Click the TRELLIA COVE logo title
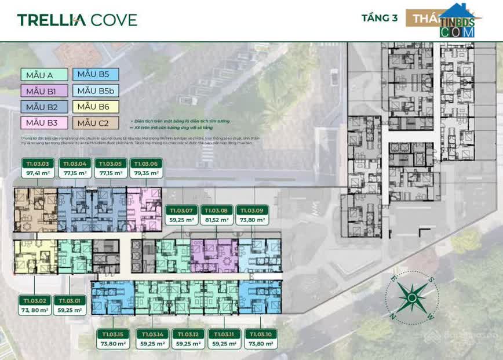tap(77, 20)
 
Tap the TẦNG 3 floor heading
tap(379, 18)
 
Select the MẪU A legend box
tap(45, 74)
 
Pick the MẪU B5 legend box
tap(96, 74)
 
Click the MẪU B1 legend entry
tap(45, 90)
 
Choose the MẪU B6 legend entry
tap(96, 107)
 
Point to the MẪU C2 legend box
tap(96, 122)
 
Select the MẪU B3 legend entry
tap(45, 122)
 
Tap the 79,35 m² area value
tap(146, 173)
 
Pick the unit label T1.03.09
tap(252, 210)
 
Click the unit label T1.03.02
tap(34, 300)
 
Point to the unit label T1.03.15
tap(113, 334)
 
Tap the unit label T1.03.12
tap(188, 334)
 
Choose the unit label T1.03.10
tap(261, 334)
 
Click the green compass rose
tap(411, 298)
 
